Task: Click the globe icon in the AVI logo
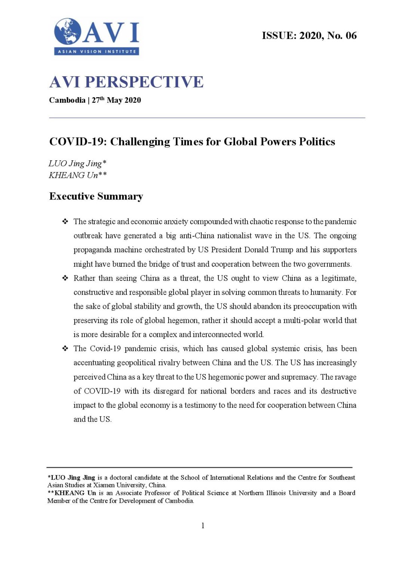[x=68, y=31]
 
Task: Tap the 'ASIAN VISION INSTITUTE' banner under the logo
[x=97, y=52]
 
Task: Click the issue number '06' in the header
[x=351, y=36]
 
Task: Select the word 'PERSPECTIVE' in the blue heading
[x=144, y=82]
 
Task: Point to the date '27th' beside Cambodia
[x=98, y=100]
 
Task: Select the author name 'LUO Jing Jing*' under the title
[x=77, y=163]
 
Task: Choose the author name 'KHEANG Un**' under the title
[x=77, y=175]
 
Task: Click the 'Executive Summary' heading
[x=96, y=196]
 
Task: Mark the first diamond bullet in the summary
[x=65, y=222]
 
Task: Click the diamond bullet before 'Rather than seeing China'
[x=65, y=278]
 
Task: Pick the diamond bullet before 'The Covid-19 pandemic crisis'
[x=65, y=349]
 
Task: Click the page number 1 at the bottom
[x=203, y=525]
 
